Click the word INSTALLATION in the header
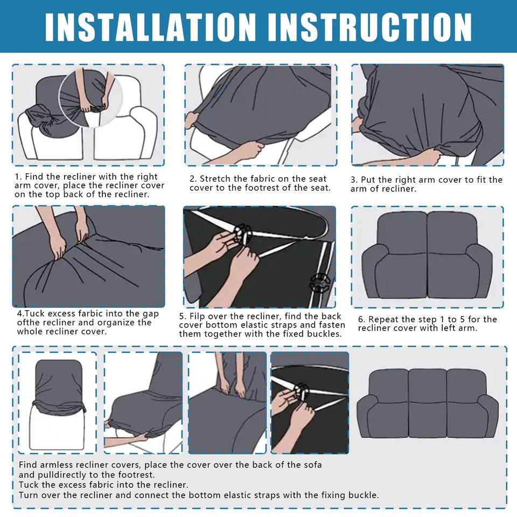point(150,27)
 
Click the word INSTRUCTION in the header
point(370,27)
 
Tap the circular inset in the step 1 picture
point(90,97)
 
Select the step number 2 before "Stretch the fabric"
point(193,179)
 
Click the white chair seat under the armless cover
point(57,429)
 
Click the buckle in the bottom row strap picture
point(302,392)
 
